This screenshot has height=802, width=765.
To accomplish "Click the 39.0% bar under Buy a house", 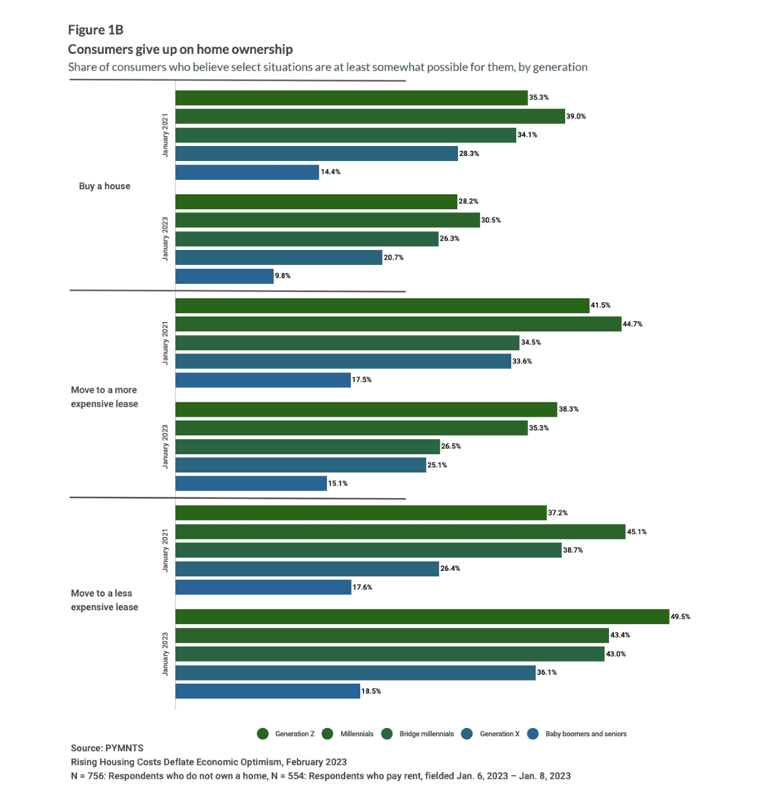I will click(x=370, y=117).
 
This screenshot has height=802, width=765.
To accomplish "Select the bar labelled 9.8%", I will click(x=224, y=276).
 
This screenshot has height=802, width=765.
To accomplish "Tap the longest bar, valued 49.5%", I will click(x=422, y=617).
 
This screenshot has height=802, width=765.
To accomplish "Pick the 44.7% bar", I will click(x=398, y=324).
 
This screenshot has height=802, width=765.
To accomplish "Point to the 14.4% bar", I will click(x=247, y=172).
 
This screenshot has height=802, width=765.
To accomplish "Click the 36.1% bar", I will click(x=355, y=673).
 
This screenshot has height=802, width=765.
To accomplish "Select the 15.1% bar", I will click(x=251, y=484).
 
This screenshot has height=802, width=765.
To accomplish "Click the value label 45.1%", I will click(x=637, y=532).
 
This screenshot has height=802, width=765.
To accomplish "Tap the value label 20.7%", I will click(x=393, y=258).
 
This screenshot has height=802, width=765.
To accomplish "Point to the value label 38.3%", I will click(x=568, y=409).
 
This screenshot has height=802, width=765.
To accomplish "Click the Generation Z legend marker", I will click(x=263, y=734).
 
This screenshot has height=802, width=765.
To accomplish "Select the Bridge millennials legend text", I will click(x=426, y=734).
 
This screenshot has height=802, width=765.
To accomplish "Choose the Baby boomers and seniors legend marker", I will click(x=533, y=734).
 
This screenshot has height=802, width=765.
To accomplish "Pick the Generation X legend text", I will click(x=499, y=734).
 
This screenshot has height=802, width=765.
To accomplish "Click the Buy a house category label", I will click(x=105, y=186).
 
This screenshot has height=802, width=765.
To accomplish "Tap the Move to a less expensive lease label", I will click(x=104, y=600).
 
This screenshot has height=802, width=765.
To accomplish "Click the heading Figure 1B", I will click(x=95, y=30).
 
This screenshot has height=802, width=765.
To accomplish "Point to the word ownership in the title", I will click(x=261, y=49).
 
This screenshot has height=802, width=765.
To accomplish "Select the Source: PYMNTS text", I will click(x=107, y=748).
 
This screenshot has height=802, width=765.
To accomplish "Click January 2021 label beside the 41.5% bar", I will click(x=165, y=343).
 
